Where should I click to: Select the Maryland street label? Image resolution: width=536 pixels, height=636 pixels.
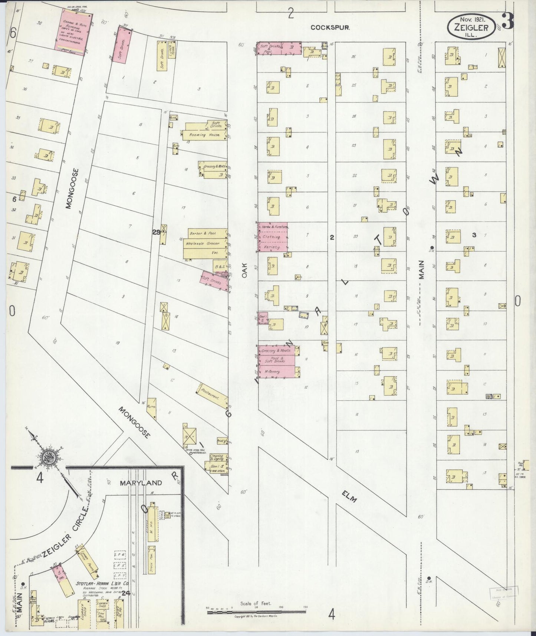pos(141,483)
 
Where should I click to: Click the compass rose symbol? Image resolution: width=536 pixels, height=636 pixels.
pos(49,459)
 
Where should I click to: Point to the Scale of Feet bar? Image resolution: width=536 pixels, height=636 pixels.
pos(256,609)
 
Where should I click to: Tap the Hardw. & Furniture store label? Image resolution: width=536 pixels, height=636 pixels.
pos(272,227)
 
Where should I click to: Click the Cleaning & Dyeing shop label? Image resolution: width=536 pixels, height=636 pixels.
pos(217,457)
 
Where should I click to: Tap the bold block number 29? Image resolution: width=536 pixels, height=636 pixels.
pos(156,232)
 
